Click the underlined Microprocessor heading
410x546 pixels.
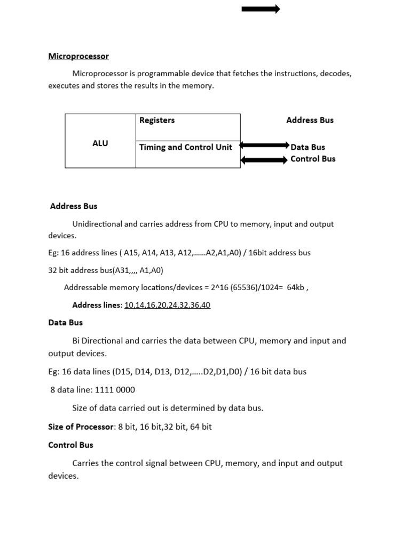(78, 56)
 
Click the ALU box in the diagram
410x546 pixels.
(100, 143)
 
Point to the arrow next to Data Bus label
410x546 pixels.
(264, 145)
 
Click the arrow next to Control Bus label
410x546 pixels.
(264, 160)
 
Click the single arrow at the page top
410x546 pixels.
(261, 9)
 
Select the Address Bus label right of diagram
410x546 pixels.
(310, 121)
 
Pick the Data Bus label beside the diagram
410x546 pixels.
(307, 147)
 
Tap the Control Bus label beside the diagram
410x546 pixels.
(313, 159)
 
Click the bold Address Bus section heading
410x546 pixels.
(74, 206)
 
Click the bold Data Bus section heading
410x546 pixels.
(66, 323)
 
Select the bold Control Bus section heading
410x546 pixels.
(70, 445)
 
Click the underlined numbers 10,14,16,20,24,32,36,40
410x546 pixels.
(167, 305)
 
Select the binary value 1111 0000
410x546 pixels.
(115, 390)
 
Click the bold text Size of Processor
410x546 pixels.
(81, 427)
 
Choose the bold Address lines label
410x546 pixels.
(96, 305)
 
